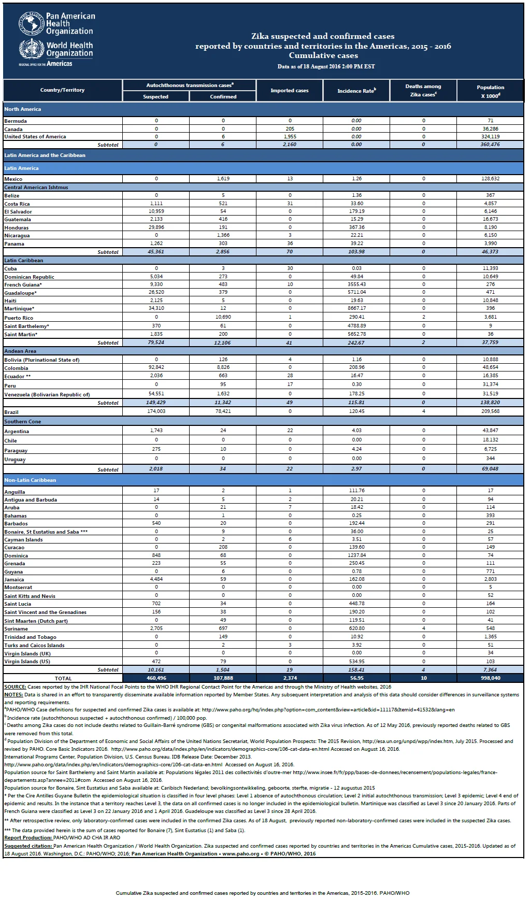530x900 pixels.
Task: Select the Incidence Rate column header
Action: click(356, 91)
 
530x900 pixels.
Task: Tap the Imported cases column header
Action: click(290, 91)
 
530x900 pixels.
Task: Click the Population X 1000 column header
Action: click(490, 91)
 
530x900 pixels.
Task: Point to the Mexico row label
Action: click(13, 179)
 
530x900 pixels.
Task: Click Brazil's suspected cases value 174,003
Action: click(156, 411)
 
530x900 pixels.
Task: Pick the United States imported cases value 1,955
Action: click(290, 137)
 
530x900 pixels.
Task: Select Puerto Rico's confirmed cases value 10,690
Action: click(223, 317)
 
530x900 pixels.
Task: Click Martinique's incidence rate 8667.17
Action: click(356, 308)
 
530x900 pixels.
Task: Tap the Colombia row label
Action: click(16, 368)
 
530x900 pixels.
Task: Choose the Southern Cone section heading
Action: click(23, 422)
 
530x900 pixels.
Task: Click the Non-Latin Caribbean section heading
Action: click(30, 480)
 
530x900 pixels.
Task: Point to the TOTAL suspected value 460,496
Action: click(156, 678)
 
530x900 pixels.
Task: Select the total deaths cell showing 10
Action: click(423, 678)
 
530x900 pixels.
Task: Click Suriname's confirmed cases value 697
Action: click(223, 628)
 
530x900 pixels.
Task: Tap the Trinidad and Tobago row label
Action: click(31, 637)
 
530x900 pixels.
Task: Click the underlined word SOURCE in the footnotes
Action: click(15, 687)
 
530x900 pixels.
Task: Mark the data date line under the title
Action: click(326, 66)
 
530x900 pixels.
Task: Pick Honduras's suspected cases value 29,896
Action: click(156, 227)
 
